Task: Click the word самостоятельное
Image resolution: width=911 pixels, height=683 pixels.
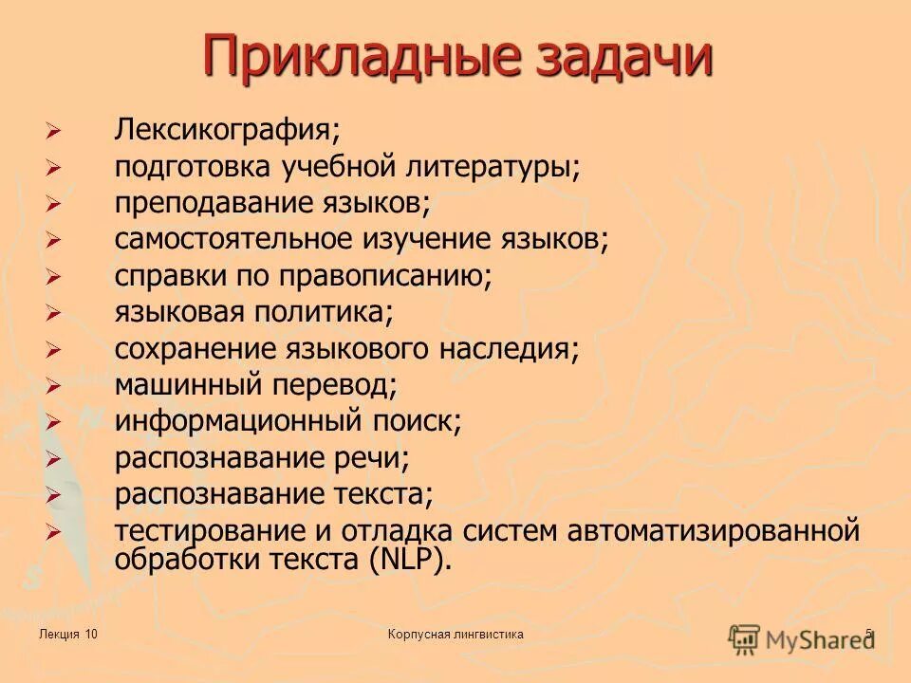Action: point(236,240)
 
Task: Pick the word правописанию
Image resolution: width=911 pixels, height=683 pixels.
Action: point(384,277)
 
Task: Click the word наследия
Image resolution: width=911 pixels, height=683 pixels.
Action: point(508,349)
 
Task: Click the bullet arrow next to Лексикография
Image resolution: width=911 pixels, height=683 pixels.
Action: point(53,131)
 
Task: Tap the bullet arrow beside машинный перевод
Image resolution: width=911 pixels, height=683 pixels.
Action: point(53,386)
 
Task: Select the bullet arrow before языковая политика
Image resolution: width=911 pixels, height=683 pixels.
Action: point(53,313)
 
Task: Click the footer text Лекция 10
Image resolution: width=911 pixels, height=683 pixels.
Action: point(69,634)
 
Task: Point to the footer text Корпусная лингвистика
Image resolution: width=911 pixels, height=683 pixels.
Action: point(455,634)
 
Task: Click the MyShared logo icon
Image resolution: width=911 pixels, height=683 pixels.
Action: point(744,637)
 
